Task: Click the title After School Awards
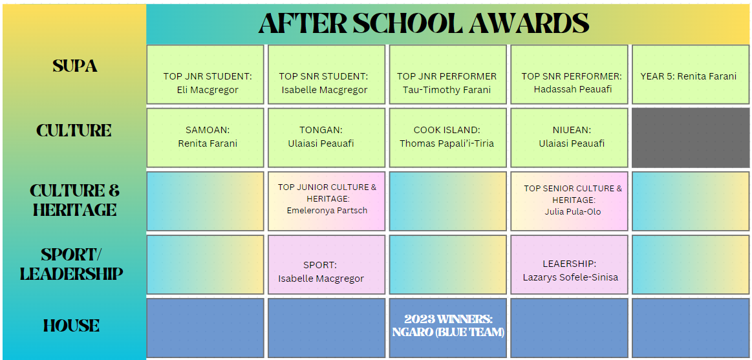(x=424, y=23)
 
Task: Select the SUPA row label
(x=75, y=66)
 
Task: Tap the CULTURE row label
(x=74, y=131)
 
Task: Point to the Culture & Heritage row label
(x=74, y=200)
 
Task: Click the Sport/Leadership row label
(x=72, y=264)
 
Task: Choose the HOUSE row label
(x=72, y=326)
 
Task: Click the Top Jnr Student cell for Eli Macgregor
(x=205, y=74)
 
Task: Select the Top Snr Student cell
(x=326, y=74)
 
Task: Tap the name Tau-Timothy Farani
(x=447, y=90)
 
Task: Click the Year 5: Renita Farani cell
(x=691, y=74)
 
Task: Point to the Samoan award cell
(x=205, y=138)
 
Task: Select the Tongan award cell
(x=326, y=138)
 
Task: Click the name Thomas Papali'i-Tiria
(x=447, y=143)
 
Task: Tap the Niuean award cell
(x=569, y=138)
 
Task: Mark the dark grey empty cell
(x=691, y=138)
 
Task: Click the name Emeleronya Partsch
(x=327, y=210)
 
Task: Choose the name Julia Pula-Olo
(x=573, y=211)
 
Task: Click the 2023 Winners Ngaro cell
(x=447, y=328)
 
